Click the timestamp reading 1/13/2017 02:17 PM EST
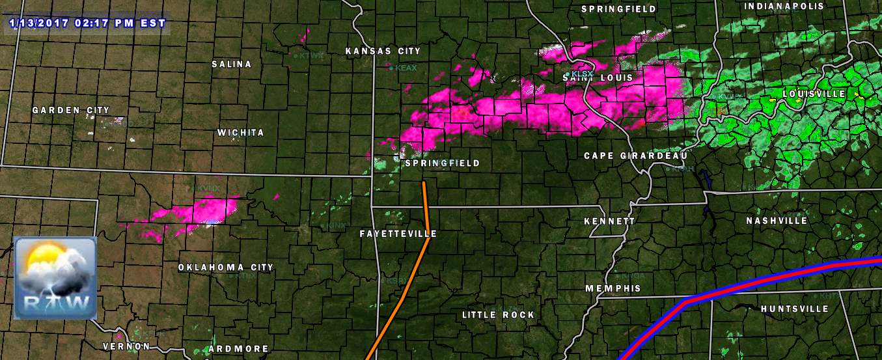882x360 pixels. coord(88,23)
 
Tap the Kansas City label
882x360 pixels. coord(383,51)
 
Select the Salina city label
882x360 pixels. coord(231,64)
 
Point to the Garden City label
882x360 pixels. coord(71,111)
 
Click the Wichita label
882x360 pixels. coord(241,133)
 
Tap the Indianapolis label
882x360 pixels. coord(784,6)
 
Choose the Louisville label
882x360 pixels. coord(814,94)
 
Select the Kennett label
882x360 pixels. coord(609,221)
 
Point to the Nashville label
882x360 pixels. coord(777,221)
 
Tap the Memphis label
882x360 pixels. coord(613,288)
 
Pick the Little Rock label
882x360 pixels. coord(498,315)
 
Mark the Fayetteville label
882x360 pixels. coord(398,234)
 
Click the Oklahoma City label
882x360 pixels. coord(226,268)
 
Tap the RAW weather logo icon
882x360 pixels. coord(55,277)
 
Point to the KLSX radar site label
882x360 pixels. coord(582,74)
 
